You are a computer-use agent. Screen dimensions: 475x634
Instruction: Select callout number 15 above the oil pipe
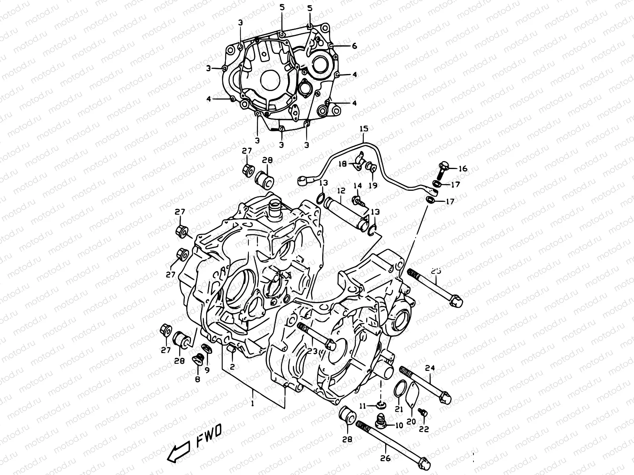coord(364,128)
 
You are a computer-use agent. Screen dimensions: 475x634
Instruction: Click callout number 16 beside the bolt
coord(462,169)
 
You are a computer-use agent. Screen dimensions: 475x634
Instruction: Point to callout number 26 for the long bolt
coord(385,458)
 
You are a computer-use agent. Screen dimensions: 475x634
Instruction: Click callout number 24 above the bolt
coord(430,368)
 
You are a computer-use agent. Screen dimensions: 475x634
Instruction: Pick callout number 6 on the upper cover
coord(354,46)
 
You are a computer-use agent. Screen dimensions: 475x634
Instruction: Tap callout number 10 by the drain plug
coord(399,426)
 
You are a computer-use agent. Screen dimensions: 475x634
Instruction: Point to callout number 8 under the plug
coord(197,379)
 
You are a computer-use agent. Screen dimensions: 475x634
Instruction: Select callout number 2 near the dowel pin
coord(232,367)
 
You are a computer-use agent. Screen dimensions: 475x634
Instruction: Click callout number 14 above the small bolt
coord(357,186)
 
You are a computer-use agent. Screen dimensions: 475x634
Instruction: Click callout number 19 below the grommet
coord(373,185)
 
